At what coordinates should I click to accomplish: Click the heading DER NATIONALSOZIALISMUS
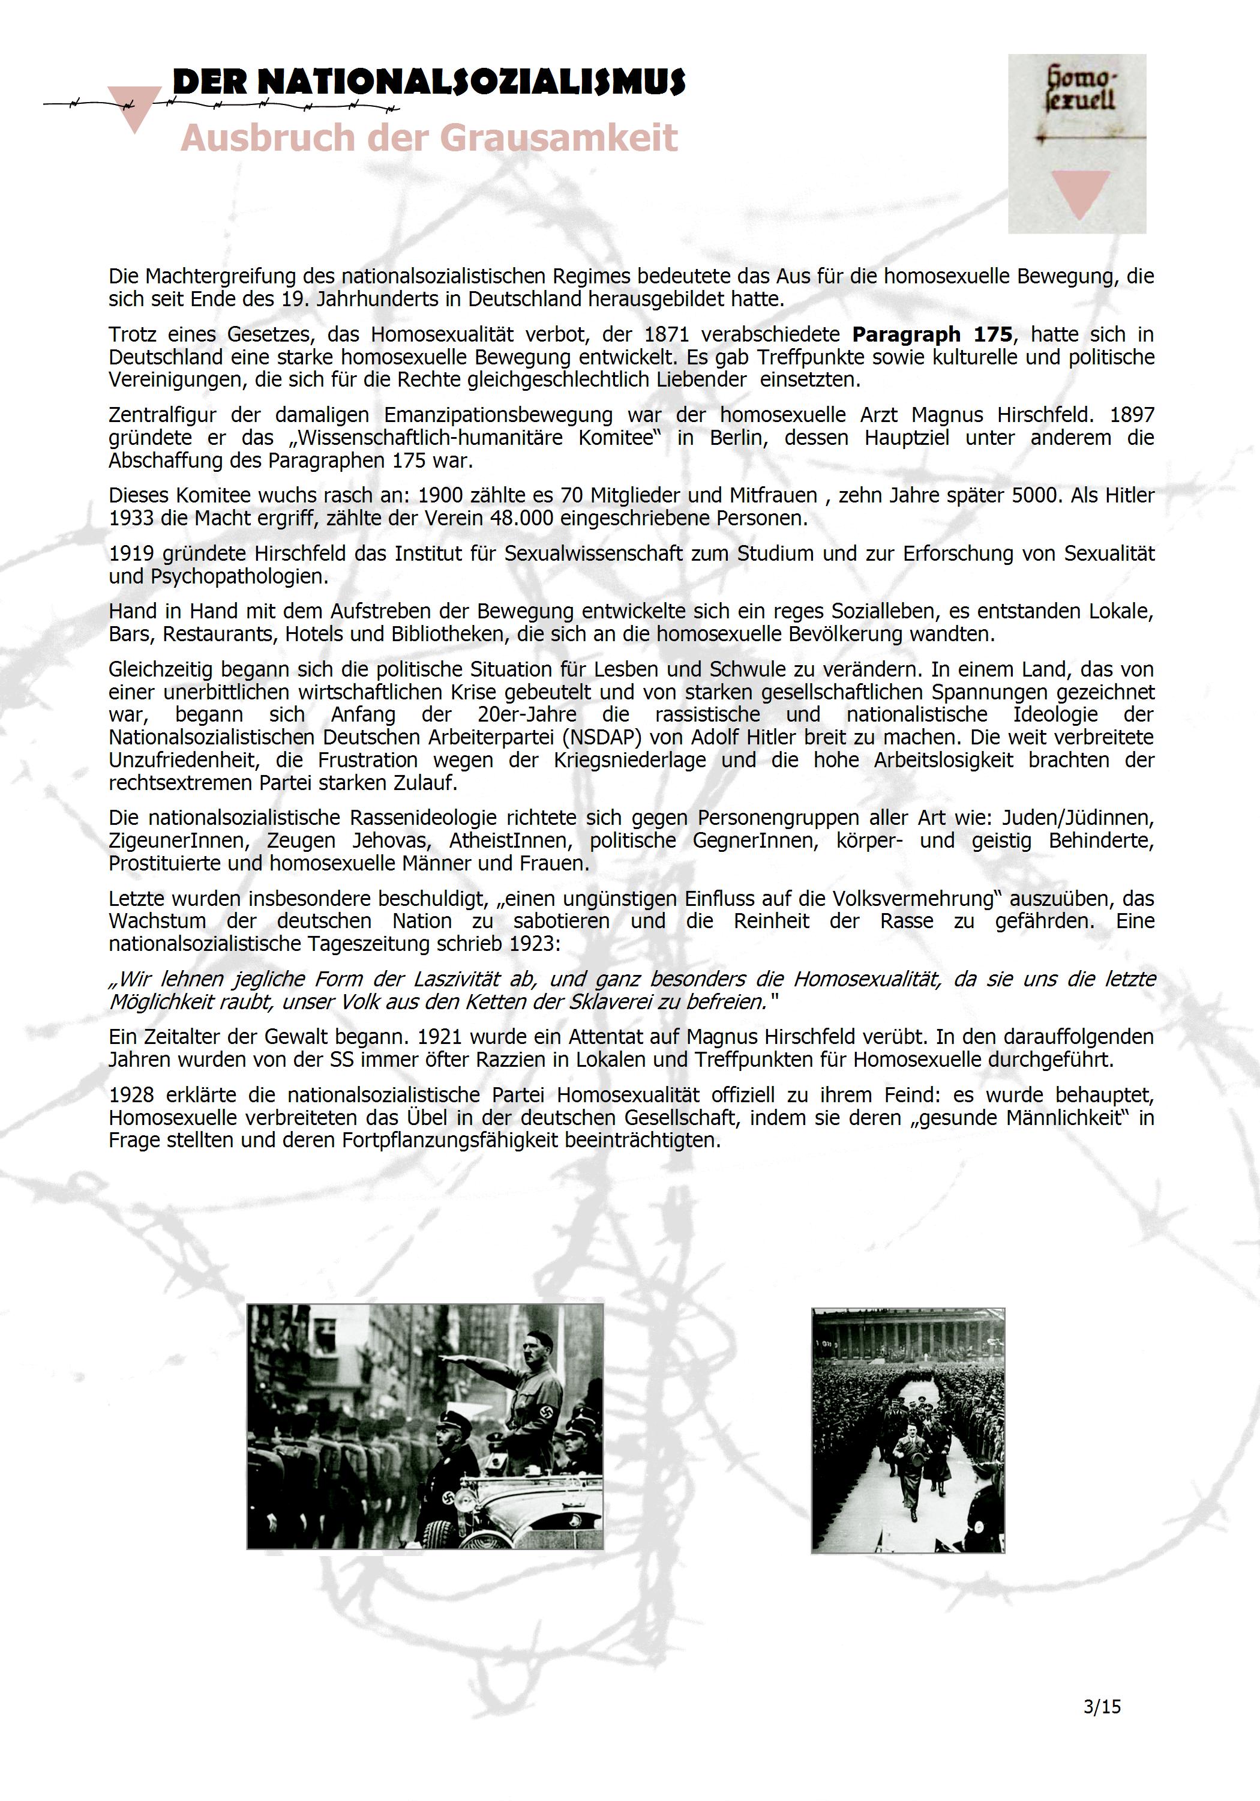coord(429,82)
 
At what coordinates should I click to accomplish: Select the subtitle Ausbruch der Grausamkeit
coord(429,138)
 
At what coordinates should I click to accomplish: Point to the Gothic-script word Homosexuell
coord(1081,89)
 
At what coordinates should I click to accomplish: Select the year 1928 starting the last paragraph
coord(131,1095)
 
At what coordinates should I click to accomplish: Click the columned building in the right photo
coord(907,1341)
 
